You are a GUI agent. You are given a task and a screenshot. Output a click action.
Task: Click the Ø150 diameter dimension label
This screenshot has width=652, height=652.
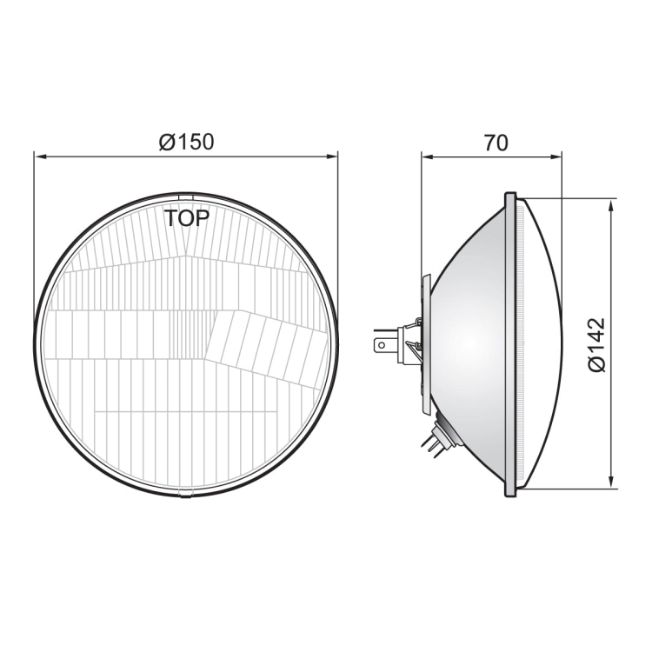pyautogui.click(x=186, y=142)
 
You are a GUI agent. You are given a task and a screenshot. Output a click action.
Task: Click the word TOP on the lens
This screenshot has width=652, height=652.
pyautogui.click(x=187, y=218)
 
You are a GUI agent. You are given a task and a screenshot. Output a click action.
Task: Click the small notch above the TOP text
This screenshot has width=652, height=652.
pyautogui.click(x=186, y=196)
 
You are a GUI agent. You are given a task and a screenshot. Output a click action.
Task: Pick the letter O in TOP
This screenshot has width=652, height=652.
pyautogui.click(x=186, y=218)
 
